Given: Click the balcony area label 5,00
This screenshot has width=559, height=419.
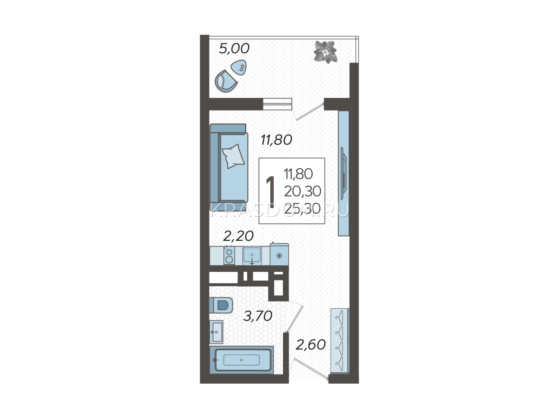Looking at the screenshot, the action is pos(234,49).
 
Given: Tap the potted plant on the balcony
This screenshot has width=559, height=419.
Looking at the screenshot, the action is pos(326,51).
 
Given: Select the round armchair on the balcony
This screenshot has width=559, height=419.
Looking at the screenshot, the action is pos(226,81).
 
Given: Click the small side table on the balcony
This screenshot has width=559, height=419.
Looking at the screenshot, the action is pos(239,67).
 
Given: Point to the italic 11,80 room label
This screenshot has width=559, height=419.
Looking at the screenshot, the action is pos(276,140).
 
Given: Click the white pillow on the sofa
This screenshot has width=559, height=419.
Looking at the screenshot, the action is pos(233,156).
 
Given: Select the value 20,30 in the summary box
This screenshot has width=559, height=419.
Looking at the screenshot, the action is pos(302,191).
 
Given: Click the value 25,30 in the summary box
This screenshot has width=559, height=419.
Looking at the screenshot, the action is pos(302,208).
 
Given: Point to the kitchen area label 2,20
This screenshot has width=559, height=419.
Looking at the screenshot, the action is pos(238,236).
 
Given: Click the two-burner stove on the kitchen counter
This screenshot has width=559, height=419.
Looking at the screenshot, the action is pos(229,256).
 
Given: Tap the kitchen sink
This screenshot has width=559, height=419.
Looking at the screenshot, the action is pos(252,256).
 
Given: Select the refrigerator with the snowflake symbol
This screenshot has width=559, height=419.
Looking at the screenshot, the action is pos(279,255).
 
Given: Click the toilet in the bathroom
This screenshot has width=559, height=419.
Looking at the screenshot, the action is pos(221,305).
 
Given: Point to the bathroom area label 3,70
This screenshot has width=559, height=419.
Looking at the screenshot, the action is pos(258,316).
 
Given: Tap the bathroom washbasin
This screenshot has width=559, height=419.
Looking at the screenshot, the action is pos(216,332).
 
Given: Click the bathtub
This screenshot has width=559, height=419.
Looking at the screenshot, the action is pos(241,360).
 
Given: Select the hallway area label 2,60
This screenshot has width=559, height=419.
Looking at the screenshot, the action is pos(311,345).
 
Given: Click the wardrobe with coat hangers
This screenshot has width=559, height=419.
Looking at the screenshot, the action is pos(340,341).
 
